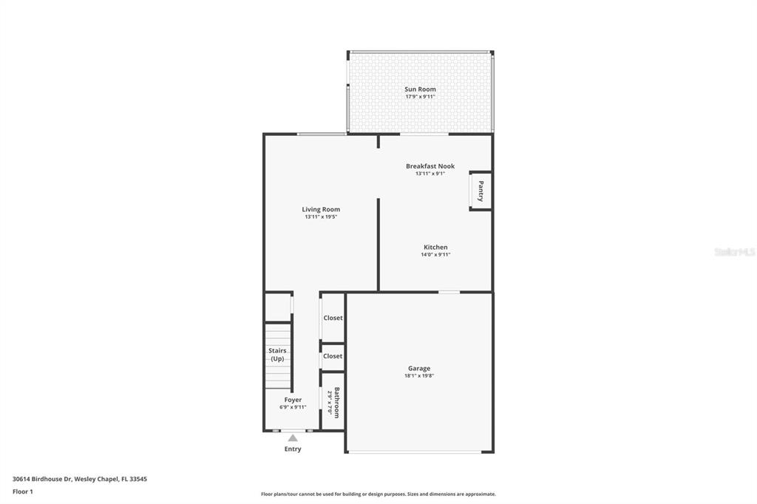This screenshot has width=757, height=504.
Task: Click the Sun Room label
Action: click(x=420, y=89)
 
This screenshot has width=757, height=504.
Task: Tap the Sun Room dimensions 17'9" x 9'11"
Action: click(x=420, y=97)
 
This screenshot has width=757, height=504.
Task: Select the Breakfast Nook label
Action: click(x=430, y=166)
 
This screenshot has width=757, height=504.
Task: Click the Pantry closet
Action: click(x=481, y=191)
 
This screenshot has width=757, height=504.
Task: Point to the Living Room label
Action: click(x=321, y=210)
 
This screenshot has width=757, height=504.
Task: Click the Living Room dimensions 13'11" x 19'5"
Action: click(x=321, y=217)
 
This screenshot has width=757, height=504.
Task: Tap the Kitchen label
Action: click(x=435, y=247)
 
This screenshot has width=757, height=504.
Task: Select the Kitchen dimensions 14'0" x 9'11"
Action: click(x=435, y=254)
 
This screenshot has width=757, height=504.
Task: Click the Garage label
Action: click(x=419, y=368)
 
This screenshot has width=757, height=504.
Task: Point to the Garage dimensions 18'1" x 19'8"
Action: click(x=419, y=375)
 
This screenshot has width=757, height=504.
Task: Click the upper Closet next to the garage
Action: click(x=333, y=318)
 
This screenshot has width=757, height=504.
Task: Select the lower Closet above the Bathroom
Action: click(x=333, y=356)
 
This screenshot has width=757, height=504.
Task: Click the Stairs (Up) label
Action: click(x=278, y=355)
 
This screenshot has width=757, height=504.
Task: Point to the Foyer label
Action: click(x=293, y=400)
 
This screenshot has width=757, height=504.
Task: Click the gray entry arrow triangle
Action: click(x=293, y=438)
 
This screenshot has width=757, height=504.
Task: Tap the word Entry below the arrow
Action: click(x=293, y=449)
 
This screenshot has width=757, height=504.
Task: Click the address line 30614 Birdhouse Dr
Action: click(x=80, y=480)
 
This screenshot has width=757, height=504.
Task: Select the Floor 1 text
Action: click(x=23, y=492)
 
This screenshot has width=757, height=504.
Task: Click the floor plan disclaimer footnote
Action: click(x=378, y=494)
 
